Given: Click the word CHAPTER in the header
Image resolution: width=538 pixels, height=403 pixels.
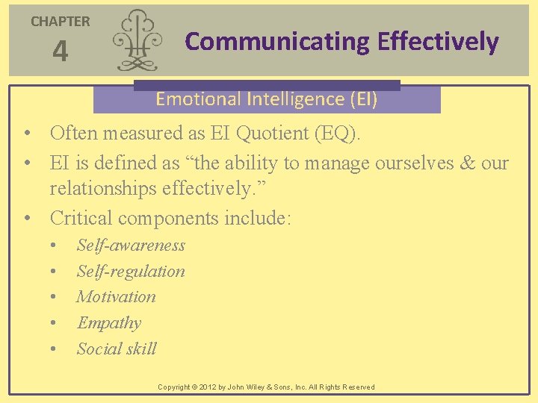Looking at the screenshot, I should [60, 22].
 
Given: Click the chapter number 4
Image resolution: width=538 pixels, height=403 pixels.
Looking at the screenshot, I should [60, 51].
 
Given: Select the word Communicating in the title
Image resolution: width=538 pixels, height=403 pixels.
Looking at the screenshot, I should [277, 42].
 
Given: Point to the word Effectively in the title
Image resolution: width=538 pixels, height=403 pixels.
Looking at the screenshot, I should [438, 42].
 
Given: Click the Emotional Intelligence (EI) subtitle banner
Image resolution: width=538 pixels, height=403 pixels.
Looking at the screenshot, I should [267, 99].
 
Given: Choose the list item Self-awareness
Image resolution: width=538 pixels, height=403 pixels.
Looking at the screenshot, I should [131, 246].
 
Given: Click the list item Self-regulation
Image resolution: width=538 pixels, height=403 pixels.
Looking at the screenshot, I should [131, 272].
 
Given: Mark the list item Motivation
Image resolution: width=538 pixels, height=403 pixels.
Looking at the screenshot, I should [117, 297].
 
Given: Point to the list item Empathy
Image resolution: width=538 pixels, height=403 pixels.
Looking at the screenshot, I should [109, 323].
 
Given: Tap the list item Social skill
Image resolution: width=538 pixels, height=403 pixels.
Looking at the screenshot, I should [117, 349].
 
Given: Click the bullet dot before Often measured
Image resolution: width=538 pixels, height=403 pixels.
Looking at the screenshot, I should [26, 134].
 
